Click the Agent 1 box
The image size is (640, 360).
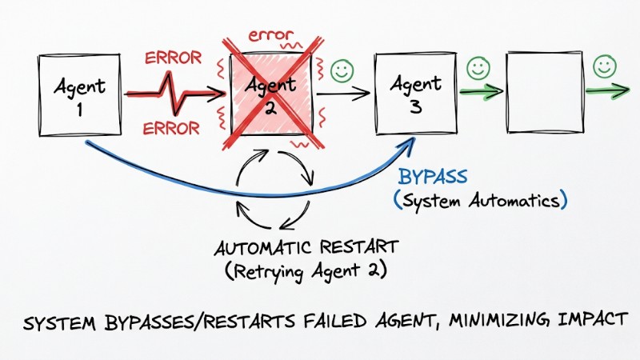pos(81,94)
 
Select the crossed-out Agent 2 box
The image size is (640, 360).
pos(271,94)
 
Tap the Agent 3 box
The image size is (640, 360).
pos(414,94)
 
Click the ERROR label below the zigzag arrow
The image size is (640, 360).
pos(170,129)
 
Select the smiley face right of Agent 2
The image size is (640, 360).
pos(342,70)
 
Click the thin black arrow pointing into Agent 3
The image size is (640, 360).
pos(344,93)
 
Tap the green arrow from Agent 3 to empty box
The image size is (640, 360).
pos(479,92)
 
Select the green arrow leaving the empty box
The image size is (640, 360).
pos(607,90)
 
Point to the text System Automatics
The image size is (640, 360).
pos(480,199)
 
